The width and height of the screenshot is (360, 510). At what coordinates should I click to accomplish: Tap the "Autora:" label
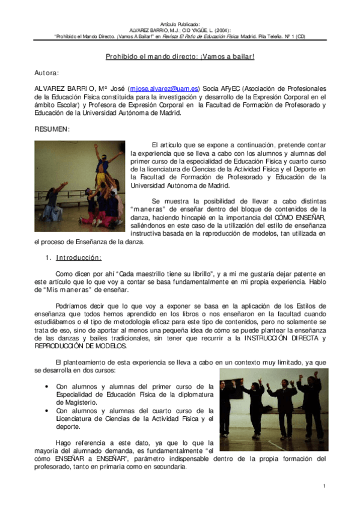tap(47, 73)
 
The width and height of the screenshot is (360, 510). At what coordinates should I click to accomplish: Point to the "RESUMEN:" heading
tap(52, 129)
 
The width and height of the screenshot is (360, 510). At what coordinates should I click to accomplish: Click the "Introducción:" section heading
tap(79, 258)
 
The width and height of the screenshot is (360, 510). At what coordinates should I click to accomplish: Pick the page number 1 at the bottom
tap(324, 485)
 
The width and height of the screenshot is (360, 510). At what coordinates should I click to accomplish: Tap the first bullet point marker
tap(47, 387)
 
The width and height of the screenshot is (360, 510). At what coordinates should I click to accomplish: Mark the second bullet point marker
tap(47, 411)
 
